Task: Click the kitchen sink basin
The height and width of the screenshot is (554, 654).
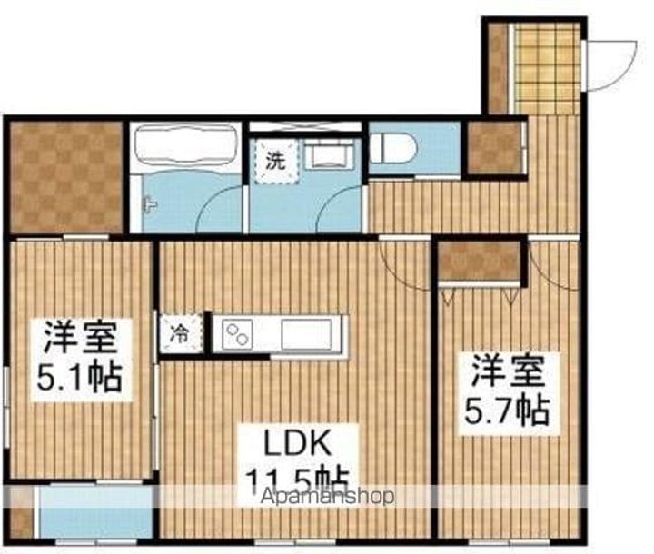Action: pyautogui.click(x=310, y=334)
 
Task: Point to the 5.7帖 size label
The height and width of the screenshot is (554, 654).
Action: pyautogui.click(x=508, y=411)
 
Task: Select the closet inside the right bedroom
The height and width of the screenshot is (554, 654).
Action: pyautogui.click(x=480, y=262)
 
